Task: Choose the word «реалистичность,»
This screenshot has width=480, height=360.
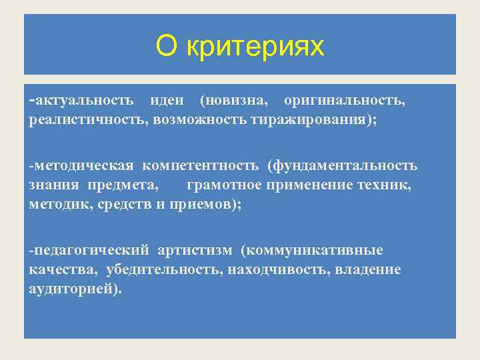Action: [x=89, y=121]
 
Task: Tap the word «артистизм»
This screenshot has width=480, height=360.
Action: [x=195, y=251]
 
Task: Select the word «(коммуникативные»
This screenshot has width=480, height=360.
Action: [x=312, y=251]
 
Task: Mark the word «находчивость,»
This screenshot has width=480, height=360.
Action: [x=273, y=271]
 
